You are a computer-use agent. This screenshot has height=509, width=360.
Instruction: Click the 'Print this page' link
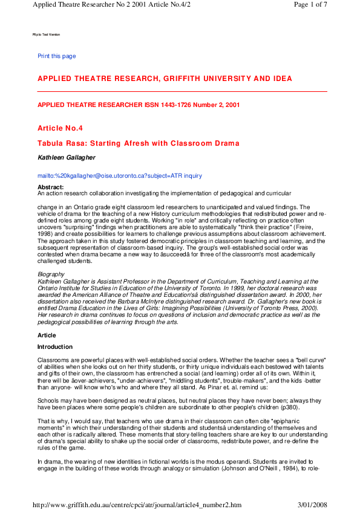pyautogui.click(x=57, y=56)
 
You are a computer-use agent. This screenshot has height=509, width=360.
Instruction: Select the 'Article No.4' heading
pyautogui.click(x=60, y=128)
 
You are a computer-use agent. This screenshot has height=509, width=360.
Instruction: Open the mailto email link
pyautogui.click(x=120, y=176)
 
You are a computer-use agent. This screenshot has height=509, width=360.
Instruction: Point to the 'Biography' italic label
pyautogui.click(x=51, y=274)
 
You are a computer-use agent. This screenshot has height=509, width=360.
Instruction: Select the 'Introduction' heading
pyautogui.click(x=54, y=347)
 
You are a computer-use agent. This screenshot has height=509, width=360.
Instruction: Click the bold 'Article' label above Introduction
pyautogui.click(x=47, y=334)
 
